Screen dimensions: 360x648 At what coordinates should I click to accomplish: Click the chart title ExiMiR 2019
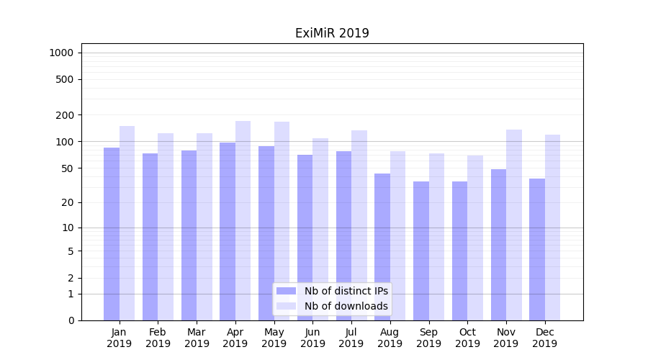[x=332, y=33]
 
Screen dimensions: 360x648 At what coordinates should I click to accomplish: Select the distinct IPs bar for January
[x=112, y=234]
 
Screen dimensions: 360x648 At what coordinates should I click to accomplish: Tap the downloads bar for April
[x=243, y=220]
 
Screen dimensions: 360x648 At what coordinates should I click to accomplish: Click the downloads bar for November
[x=514, y=225]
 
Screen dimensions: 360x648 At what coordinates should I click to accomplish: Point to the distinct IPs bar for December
[x=537, y=249]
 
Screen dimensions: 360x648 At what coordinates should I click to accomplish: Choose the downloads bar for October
[x=475, y=238]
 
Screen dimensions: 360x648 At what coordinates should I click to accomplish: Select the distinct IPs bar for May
[x=266, y=233]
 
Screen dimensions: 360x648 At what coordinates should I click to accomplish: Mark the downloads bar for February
[x=166, y=227]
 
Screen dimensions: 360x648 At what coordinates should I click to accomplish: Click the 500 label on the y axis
[x=65, y=79]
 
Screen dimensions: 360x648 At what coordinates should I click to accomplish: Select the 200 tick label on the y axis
[x=65, y=115]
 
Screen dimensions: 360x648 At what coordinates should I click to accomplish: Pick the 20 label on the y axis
[x=68, y=202]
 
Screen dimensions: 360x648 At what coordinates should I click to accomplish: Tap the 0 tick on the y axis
[x=71, y=320]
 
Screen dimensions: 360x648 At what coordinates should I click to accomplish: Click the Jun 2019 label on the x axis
[x=312, y=338]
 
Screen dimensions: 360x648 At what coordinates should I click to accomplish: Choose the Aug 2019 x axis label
[x=390, y=338]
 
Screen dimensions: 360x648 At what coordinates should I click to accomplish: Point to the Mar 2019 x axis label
[x=197, y=338]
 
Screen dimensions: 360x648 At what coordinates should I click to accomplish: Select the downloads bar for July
[x=359, y=225]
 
